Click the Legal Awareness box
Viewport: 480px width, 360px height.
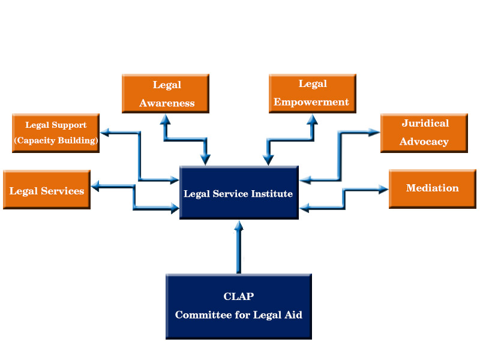pos(166,94)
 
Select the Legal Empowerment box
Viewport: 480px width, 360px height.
pos(313,94)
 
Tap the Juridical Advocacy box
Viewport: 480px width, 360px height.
pos(424,133)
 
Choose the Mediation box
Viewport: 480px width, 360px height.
pos(433,189)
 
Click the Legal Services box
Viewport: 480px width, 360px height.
pos(47,190)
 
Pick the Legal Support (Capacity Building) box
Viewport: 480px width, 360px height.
pos(56,133)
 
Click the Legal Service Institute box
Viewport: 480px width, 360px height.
pos(239,193)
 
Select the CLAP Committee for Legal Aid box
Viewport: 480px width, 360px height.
pos(239,307)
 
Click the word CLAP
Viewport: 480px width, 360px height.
pos(239,296)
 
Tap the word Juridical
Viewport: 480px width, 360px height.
pos(425,123)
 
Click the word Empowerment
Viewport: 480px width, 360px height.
pos(311,102)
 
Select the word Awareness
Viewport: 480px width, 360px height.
pos(167,103)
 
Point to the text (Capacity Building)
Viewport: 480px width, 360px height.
pos(56,140)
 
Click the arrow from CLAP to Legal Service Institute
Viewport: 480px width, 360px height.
pos(239,247)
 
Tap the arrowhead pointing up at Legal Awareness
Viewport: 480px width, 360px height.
pos(166,119)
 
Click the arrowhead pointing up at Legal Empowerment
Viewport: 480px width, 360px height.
pos(312,119)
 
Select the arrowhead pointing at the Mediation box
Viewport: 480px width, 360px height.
pos(383,189)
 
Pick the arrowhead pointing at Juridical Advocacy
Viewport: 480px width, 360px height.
pos(374,133)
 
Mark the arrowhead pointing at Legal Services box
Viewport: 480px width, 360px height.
pos(95,186)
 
